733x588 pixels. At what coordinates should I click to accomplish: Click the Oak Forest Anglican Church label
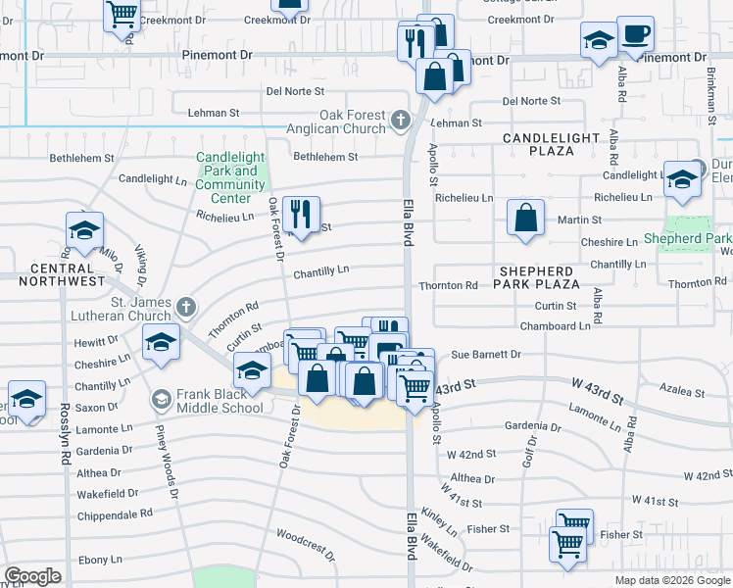tap(336, 122)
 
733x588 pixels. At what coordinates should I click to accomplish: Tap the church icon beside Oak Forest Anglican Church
tap(400, 121)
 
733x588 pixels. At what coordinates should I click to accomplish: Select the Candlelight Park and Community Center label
tap(230, 171)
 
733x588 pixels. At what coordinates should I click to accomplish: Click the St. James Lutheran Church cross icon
tap(184, 309)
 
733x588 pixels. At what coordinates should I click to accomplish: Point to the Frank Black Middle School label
tap(220, 401)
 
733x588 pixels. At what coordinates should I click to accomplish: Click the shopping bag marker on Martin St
tap(526, 218)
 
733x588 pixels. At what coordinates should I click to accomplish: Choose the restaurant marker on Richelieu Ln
tap(301, 215)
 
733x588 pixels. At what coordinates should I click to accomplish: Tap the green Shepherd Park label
tap(688, 238)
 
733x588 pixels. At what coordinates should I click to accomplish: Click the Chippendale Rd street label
tap(116, 513)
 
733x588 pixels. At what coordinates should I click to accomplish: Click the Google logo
tap(32, 576)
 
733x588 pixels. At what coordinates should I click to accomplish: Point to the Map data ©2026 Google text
tap(672, 580)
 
